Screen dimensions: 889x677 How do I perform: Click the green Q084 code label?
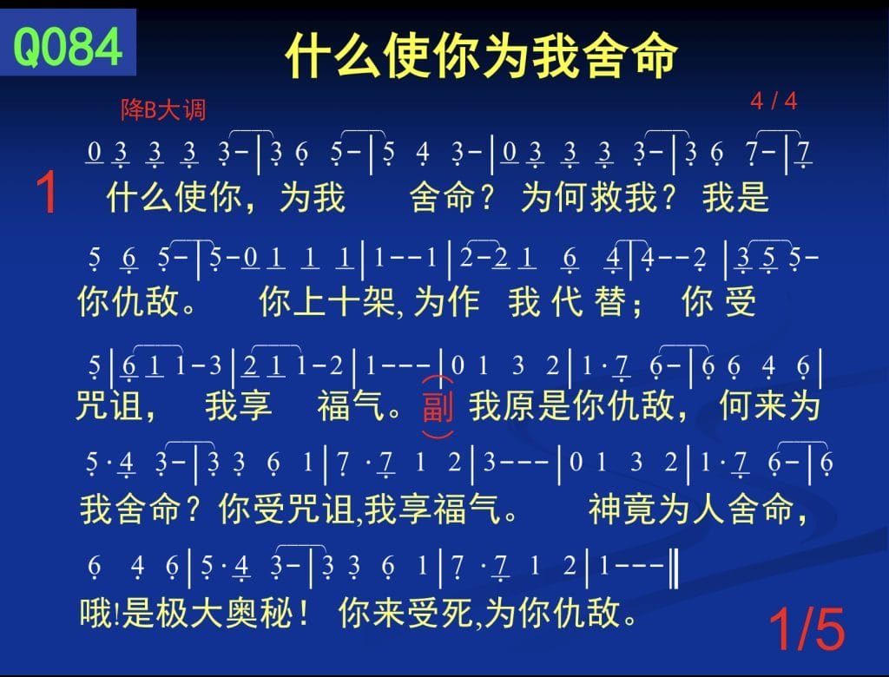[x=68, y=47]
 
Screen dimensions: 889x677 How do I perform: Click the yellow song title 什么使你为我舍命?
[x=481, y=55]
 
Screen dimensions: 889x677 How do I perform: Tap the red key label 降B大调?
[x=163, y=109]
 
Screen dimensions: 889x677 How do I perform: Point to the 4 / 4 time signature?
[x=774, y=102]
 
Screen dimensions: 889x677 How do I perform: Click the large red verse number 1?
[x=47, y=194]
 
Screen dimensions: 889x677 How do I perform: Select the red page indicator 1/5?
[x=807, y=628]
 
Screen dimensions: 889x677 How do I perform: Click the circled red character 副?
[x=438, y=406]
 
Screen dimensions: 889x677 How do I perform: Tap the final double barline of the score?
[x=674, y=566]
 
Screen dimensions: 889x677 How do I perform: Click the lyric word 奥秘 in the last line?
[x=260, y=613]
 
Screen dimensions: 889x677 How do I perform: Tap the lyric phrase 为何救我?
[x=589, y=197]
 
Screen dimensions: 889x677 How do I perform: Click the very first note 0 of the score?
[x=95, y=152]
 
